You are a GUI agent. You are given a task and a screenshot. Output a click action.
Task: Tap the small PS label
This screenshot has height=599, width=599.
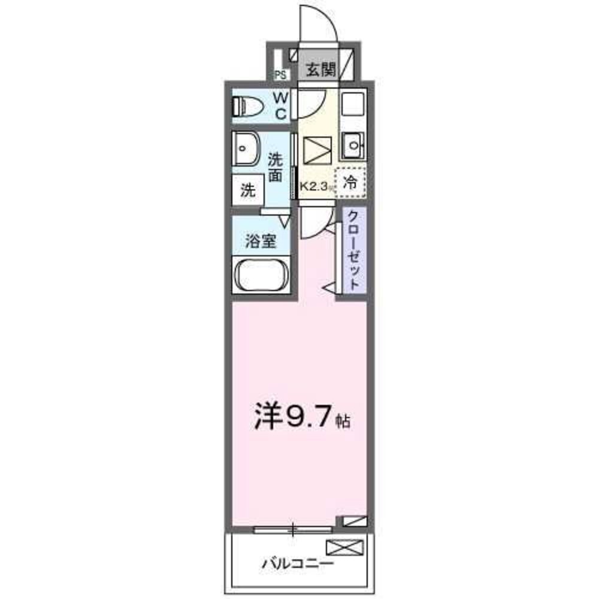280,75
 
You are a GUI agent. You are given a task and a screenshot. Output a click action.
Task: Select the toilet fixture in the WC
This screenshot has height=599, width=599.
247,107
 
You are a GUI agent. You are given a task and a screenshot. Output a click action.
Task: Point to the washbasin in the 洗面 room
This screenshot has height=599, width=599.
246,148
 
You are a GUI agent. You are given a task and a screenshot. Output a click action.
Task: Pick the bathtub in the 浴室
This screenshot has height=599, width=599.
262,275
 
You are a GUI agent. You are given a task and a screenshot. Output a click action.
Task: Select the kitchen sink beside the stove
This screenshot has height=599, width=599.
352,144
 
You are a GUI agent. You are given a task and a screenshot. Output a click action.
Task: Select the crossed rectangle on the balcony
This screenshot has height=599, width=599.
344,547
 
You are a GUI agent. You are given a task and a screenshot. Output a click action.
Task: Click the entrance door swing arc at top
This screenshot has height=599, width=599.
317,24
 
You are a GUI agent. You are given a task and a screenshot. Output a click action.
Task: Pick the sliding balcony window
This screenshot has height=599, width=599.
293,530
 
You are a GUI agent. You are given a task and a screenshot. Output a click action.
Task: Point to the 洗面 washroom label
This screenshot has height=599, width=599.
275,167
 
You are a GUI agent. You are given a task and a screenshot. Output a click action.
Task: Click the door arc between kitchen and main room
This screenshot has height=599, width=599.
314,222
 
